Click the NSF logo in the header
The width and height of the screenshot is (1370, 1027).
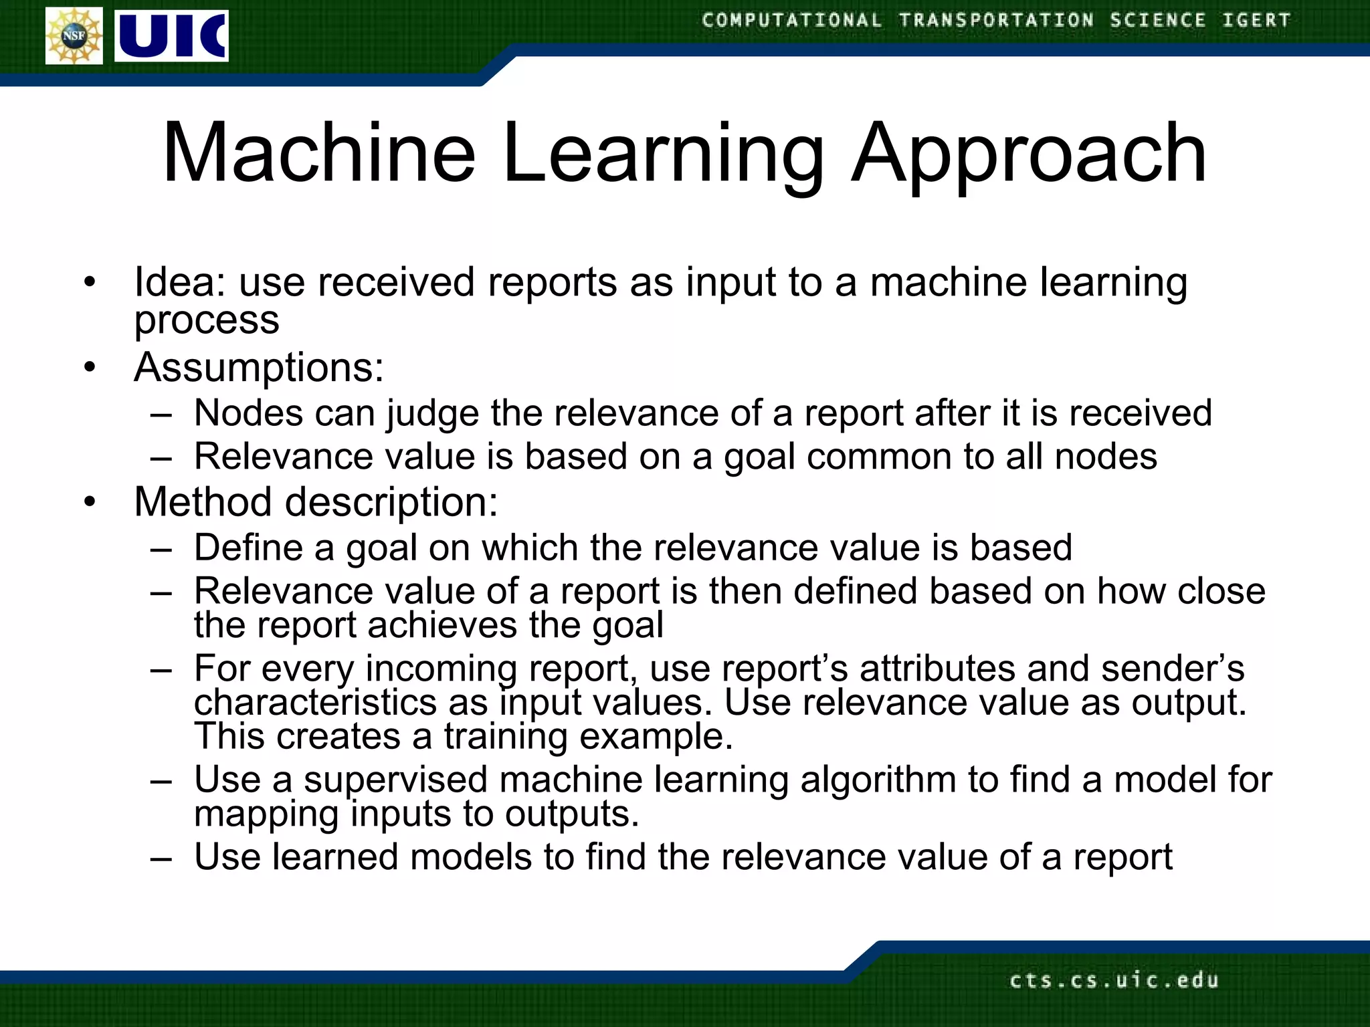[74, 36]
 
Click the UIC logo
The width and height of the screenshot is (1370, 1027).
[171, 36]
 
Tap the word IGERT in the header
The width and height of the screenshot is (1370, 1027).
[1256, 20]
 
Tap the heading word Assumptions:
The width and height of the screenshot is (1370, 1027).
[259, 368]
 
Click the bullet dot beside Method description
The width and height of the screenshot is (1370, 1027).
[90, 502]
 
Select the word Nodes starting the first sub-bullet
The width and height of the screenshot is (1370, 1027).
[248, 413]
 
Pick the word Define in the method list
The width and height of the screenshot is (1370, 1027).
[248, 548]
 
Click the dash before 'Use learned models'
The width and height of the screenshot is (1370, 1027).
[161, 858]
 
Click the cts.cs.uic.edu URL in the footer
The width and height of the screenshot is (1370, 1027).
[1114, 980]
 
